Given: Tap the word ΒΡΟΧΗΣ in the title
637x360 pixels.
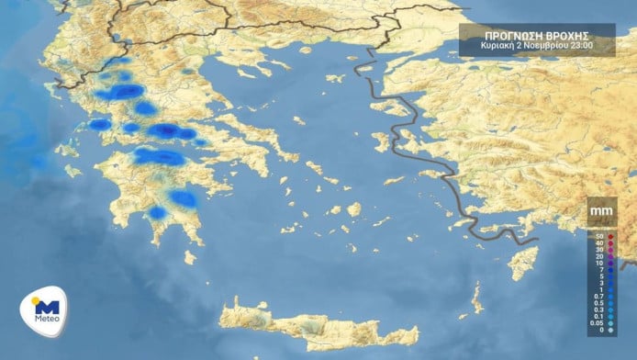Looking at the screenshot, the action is (566, 32).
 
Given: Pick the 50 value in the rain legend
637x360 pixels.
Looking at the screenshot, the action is (598, 237).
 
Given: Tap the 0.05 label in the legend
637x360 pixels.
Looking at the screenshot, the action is (596, 322).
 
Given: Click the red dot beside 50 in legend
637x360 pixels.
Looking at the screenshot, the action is (609, 237).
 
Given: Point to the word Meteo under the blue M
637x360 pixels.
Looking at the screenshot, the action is (46, 321).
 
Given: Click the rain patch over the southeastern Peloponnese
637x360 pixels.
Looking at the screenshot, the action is (184, 198).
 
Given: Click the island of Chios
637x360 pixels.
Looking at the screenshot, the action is (380, 142).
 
